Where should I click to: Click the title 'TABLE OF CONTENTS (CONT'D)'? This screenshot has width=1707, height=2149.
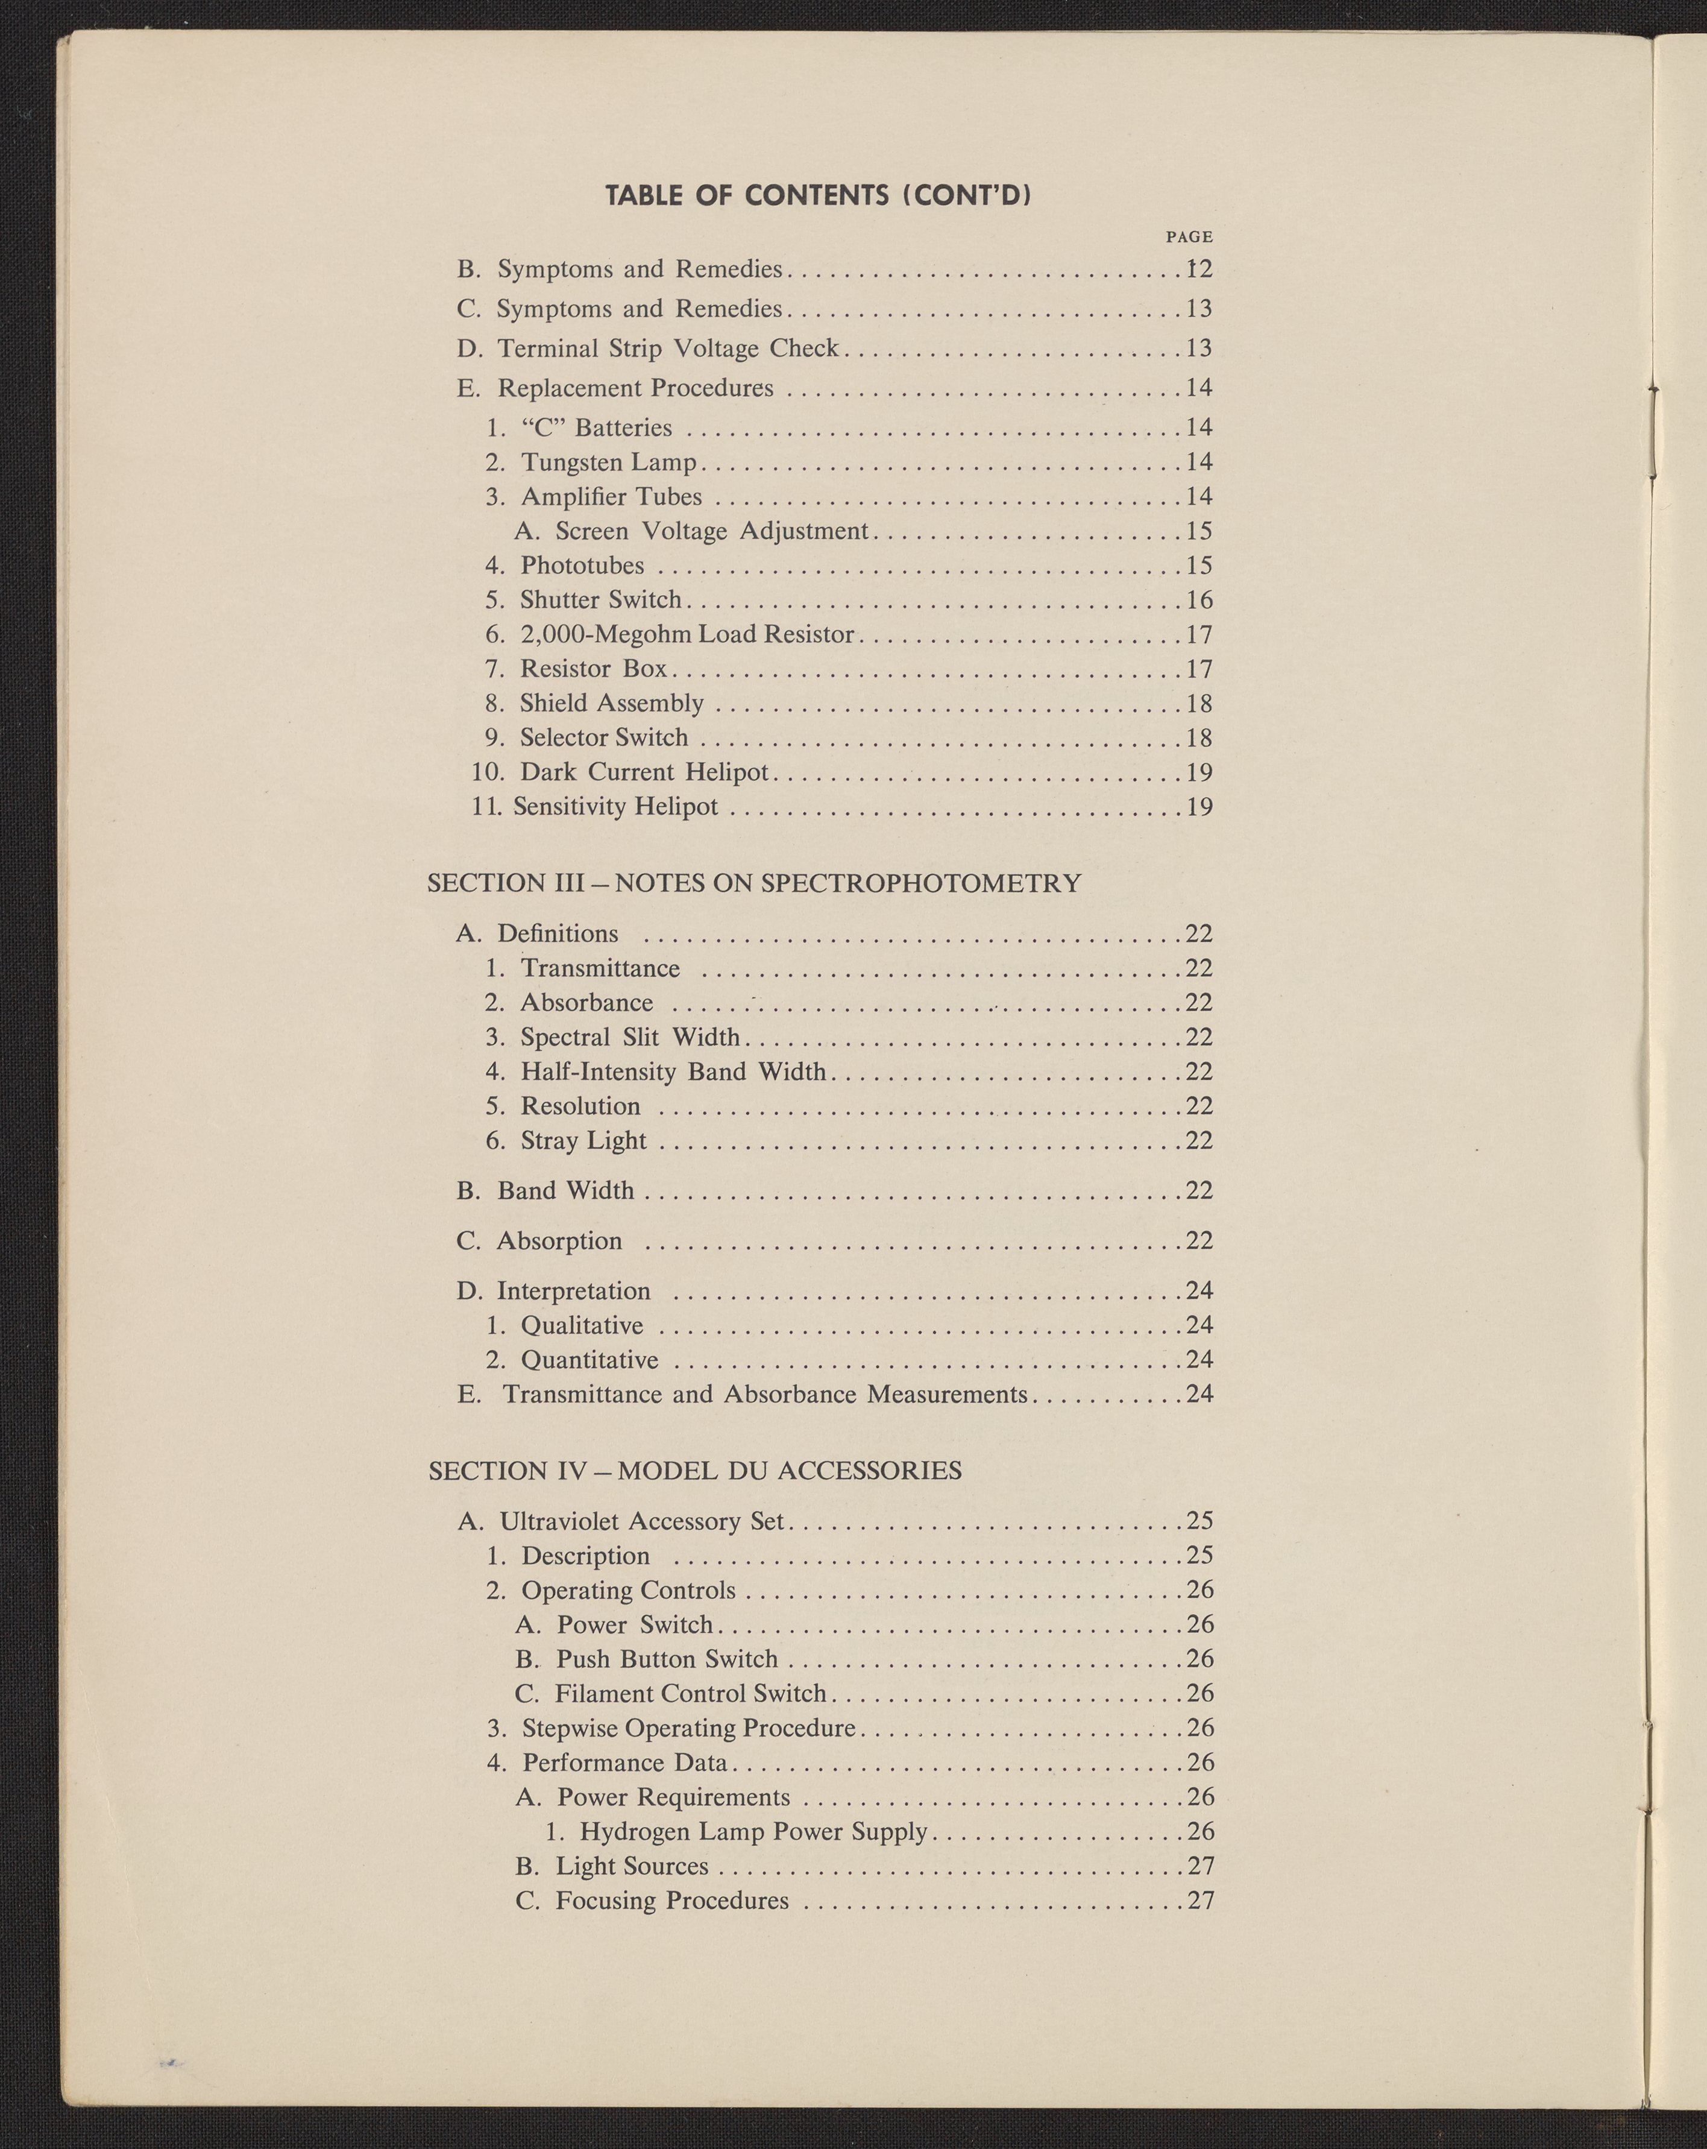[x=817, y=194]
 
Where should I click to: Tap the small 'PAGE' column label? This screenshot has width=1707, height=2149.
[x=1189, y=237]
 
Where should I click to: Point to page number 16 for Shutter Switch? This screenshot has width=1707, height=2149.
[x=1199, y=600]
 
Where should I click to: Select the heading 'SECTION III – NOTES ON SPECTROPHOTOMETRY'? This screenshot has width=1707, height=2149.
[x=755, y=883]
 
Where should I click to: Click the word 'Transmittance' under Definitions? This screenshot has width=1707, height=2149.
[x=600, y=969]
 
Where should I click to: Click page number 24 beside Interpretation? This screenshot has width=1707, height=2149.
[x=1199, y=1292]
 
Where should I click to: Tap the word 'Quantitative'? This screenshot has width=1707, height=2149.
[x=589, y=1360]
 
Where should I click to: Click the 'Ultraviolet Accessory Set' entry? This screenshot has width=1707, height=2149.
[x=643, y=1522]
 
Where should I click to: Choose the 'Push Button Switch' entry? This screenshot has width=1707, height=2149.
[x=665, y=1659]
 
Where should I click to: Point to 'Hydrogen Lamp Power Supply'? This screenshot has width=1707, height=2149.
[x=753, y=1832]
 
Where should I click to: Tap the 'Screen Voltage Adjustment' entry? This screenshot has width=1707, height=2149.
[x=711, y=531]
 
